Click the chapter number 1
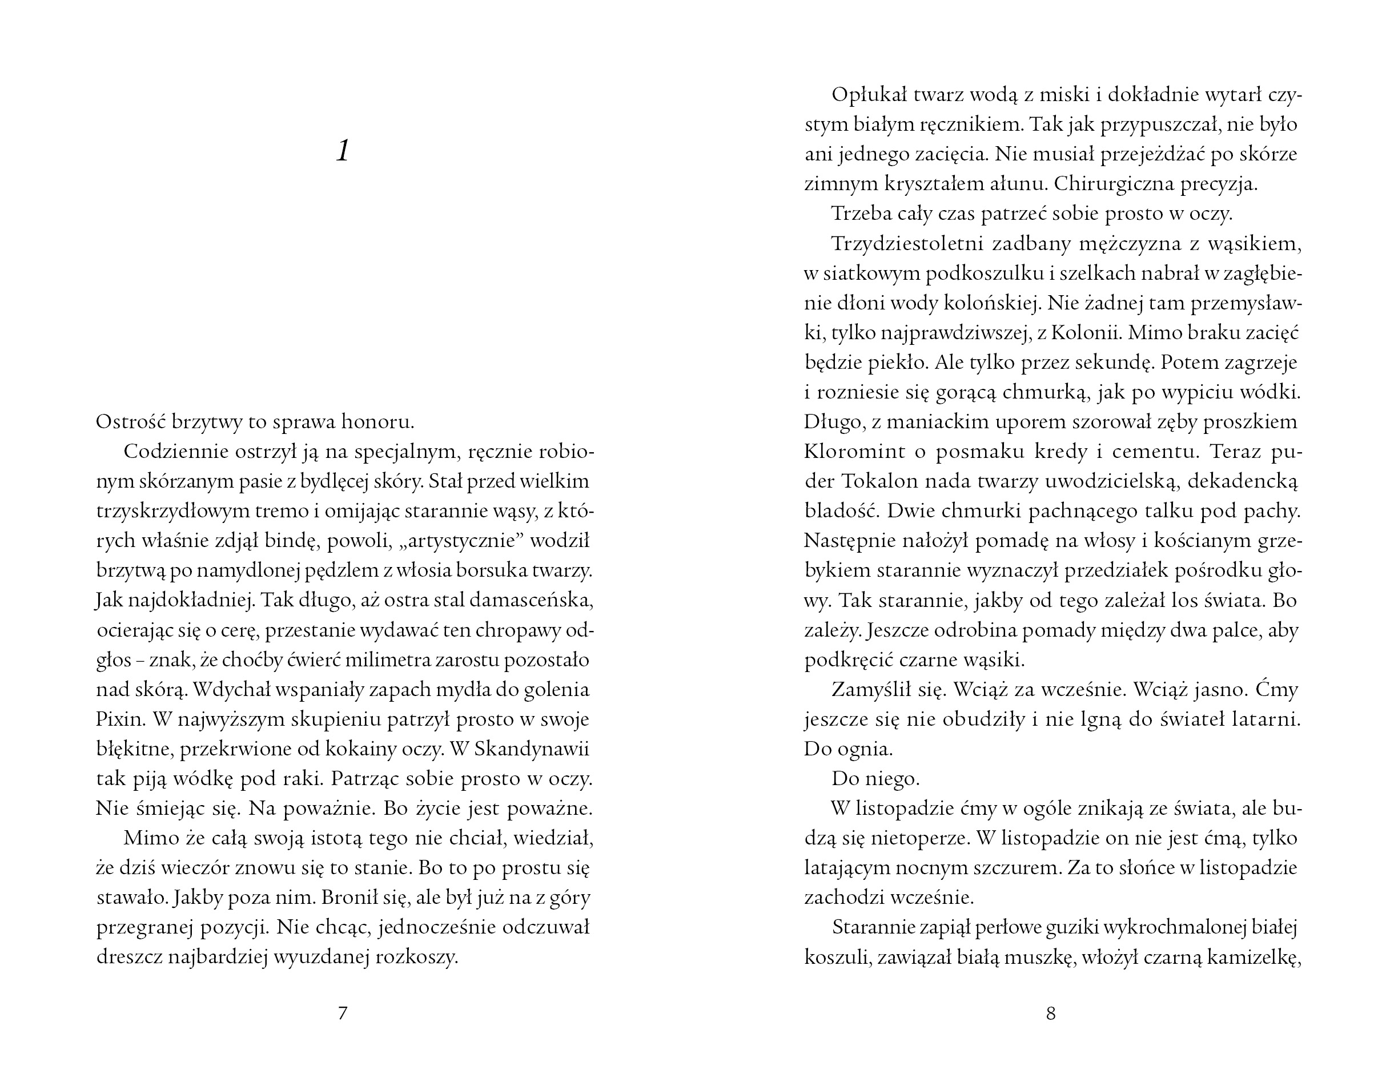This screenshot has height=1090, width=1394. pos(343,152)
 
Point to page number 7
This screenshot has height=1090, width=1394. pos(342,1013)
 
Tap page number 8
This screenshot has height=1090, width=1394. pos(1051,1013)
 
